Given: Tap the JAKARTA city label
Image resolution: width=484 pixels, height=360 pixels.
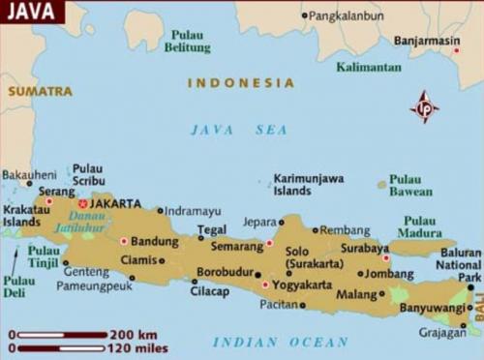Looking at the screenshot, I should [115, 204].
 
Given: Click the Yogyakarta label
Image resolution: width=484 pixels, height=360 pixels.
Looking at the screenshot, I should [301, 285].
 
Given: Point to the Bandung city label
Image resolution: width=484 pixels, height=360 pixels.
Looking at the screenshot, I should [154, 241].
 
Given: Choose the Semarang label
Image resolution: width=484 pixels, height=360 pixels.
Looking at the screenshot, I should [236, 246].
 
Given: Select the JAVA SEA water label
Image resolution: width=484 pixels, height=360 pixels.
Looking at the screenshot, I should [238, 130].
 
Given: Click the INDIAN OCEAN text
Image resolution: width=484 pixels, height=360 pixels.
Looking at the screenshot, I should [280, 342].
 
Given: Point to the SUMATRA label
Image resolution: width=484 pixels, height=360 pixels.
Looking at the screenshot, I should [40, 91].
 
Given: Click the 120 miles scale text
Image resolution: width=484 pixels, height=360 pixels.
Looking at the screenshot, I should [140, 347].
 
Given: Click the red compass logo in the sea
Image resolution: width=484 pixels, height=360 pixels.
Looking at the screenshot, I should [424, 106].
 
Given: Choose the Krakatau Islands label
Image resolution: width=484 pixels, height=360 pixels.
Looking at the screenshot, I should [22, 215].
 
